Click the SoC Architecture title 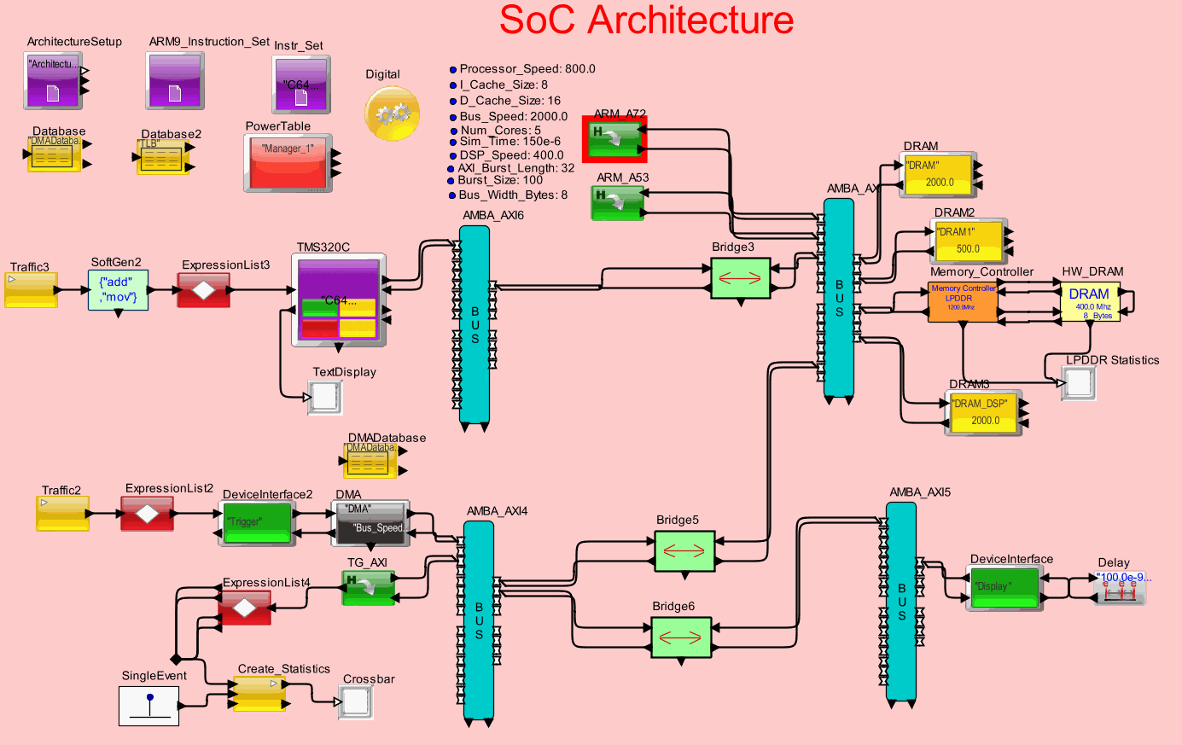tap(646, 20)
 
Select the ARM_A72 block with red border tap(614, 139)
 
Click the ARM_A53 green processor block tap(618, 203)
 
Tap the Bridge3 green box tap(740, 277)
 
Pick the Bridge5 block tap(684, 550)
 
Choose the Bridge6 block tap(680, 637)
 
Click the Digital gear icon tap(392, 113)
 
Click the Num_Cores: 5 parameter tap(500, 131)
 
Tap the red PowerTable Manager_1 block tap(288, 162)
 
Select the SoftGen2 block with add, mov tap(118, 290)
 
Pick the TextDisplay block tap(325, 398)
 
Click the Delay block tap(1121, 587)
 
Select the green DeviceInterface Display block tap(1004, 587)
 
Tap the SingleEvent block tap(148, 705)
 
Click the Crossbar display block tap(356, 702)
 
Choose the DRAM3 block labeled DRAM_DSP tap(984, 413)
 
